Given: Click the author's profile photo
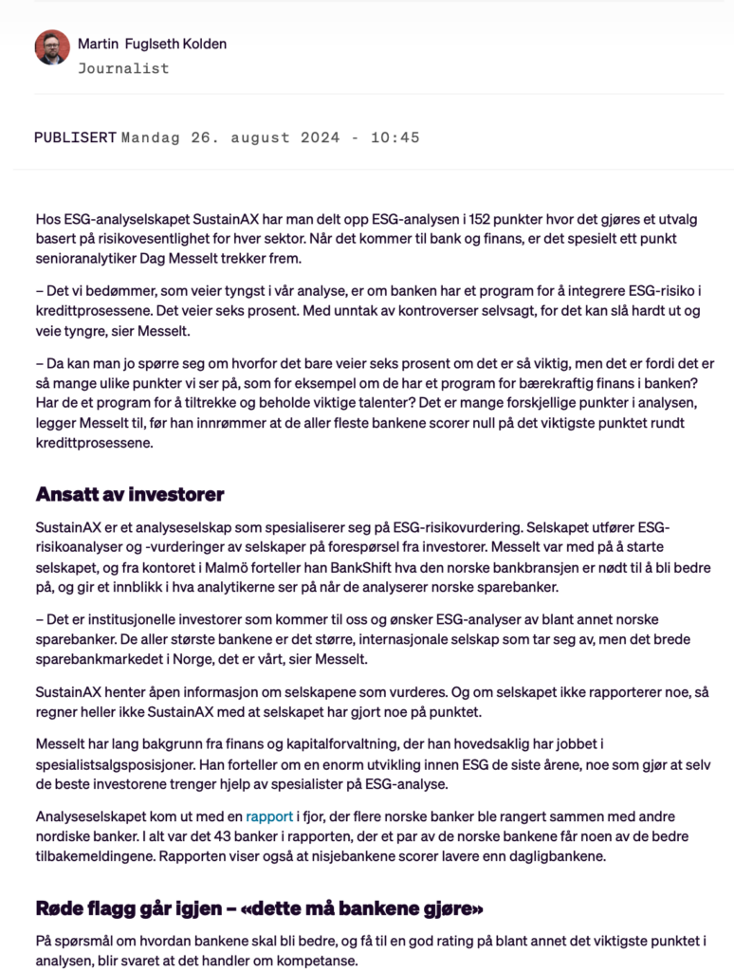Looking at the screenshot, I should [x=52, y=47].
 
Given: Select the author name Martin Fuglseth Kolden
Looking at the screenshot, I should [x=152, y=44].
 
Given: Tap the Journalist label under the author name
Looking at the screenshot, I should [x=123, y=68].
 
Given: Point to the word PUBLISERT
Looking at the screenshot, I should [x=75, y=137].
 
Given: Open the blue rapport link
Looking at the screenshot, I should [x=269, y=815].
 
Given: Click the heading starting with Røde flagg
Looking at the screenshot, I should [x=259, y=909].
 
